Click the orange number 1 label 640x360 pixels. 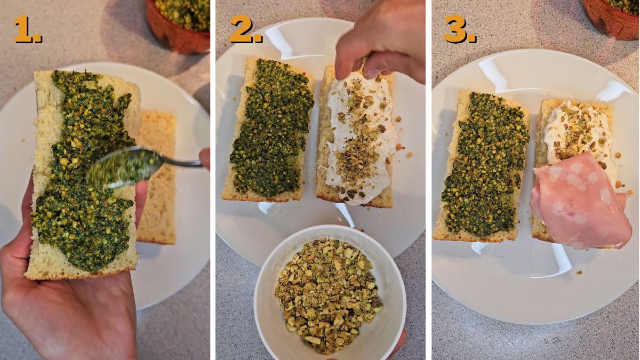pyautogui.click(x=28, y=29)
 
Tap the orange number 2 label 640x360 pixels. pyautogui.click(x=245, y=29)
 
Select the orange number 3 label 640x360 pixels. pyautogui.click(x=459, y=29)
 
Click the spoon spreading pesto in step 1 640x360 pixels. pyautogui.click(x=143, y=166)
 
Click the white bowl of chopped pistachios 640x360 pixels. pyautogui.click(x=330, y=293)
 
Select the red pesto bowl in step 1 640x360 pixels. pyautogui.click(x=179, y=26)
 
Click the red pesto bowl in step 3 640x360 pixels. pyautogui.click(x=611, y=19)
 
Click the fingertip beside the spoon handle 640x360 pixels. pyautogui.click(x=205, y=159)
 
